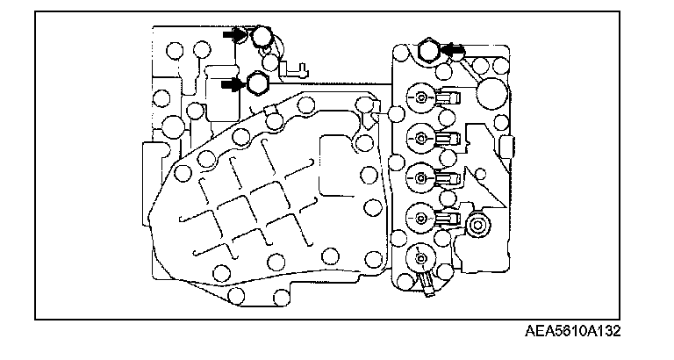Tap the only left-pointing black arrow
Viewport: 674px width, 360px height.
point(454,51)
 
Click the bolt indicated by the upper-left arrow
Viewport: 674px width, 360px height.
point(262,38)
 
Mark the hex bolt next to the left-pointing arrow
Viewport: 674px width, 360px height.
point(430,51)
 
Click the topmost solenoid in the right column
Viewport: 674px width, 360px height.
point(422,97)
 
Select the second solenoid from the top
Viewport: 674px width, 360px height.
point(422,137)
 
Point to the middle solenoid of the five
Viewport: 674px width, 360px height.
point(422,177)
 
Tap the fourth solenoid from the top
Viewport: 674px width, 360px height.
point(422,218)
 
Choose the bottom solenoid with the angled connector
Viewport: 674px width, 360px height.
point(422,260)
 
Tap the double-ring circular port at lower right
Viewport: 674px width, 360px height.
point(478,227)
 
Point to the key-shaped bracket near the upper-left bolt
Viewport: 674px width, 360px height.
point(296,65)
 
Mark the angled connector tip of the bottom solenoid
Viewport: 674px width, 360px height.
point(428,284)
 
